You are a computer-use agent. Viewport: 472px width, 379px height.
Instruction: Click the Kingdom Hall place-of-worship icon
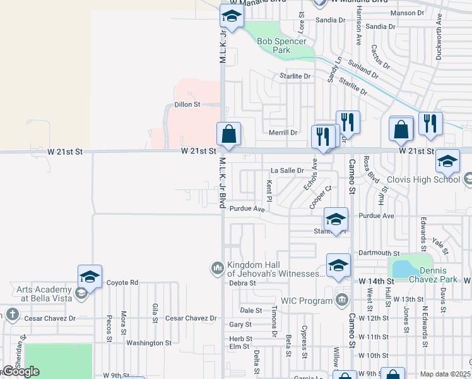point(218,268)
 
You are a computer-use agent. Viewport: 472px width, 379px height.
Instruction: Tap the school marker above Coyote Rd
point(90,277)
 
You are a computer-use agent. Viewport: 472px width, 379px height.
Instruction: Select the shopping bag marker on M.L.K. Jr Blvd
point(228,134)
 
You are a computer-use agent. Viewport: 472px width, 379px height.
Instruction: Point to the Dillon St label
point(187,104)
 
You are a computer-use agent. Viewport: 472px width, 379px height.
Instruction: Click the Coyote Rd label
point(122,283)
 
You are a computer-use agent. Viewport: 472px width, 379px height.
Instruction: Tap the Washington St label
point(149,343)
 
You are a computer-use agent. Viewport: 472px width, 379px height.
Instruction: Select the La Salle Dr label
point(287,171)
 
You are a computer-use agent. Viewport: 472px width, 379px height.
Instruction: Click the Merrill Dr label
point(283,133)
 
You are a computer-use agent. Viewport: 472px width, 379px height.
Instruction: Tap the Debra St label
point(242,283)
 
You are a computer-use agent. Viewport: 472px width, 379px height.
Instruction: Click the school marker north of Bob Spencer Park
point(231,17)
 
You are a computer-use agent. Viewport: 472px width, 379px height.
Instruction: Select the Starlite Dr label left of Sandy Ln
point(296,76)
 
